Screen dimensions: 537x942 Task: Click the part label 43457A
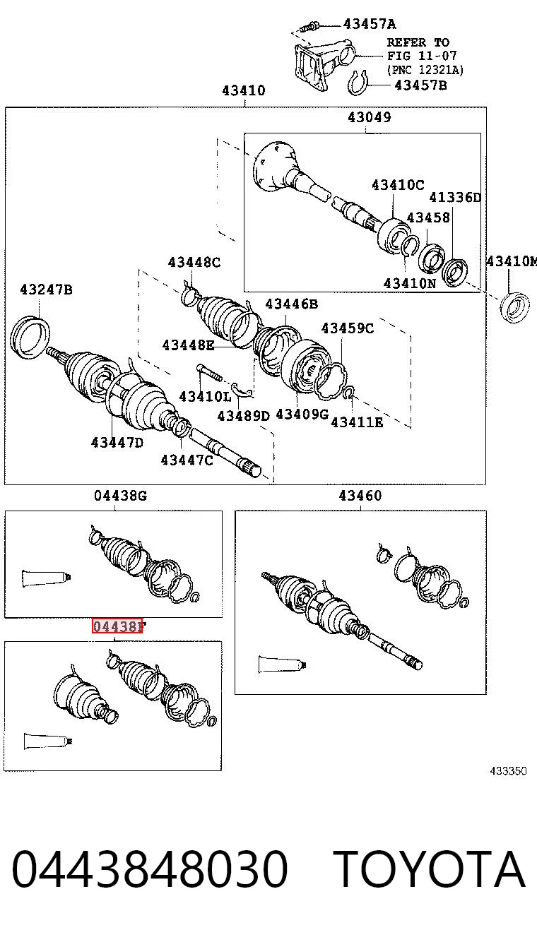370,24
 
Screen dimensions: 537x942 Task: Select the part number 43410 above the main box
244,90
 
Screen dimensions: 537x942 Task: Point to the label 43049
369,117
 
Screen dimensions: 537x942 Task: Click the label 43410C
398,184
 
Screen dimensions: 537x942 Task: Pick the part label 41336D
454,197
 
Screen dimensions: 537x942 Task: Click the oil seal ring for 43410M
514,308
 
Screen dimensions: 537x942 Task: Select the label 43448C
194,262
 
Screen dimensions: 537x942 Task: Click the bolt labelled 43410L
208,374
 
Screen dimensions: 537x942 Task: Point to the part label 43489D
243,416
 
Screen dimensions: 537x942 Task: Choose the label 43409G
302,414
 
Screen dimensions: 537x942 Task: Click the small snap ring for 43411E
349,393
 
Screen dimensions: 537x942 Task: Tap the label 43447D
117,443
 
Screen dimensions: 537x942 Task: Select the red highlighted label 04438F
118,626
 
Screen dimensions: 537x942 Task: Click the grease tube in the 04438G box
47,578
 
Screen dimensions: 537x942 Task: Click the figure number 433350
508,771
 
